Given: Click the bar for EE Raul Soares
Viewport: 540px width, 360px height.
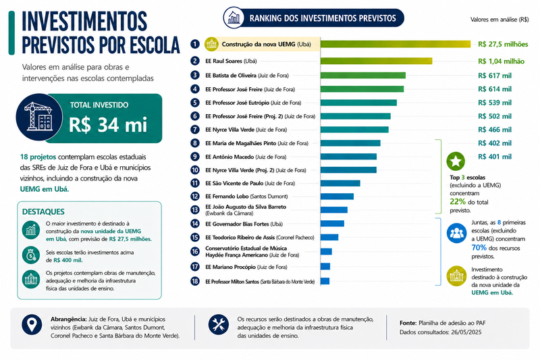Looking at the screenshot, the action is click(x=376, y=61).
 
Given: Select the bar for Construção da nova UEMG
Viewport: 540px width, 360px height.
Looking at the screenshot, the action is click(x=396, y=44).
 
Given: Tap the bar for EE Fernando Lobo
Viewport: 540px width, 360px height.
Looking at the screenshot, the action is click(x=337, y=197).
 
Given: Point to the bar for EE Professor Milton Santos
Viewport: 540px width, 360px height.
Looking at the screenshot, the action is click(x=325, y=281).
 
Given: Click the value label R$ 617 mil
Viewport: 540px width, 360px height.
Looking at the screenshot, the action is click(x=495, y=76).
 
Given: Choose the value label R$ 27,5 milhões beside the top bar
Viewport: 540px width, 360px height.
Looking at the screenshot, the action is click(x=503, y=44).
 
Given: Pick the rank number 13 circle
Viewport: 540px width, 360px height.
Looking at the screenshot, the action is click(x=195, y=210).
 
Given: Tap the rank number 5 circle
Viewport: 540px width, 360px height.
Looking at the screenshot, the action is click(x=195, y=103).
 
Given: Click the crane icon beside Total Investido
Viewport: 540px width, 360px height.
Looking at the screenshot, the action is click(x=39, y=117).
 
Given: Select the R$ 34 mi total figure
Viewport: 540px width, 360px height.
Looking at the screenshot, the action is click(x=108, y=125).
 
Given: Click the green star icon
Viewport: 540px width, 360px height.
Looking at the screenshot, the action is click(x=456, y=161).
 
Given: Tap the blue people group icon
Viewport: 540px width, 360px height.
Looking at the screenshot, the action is click(x=456, y=233).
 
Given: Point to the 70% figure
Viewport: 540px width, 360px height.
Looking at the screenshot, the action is click(x=479, y=248).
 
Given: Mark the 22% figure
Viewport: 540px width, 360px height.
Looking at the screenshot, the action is click(x=458, y=201).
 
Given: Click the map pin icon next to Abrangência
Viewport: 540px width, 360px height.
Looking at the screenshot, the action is click(x=32, y=324).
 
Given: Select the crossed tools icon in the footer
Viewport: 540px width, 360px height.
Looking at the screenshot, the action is click(x=218, y=324).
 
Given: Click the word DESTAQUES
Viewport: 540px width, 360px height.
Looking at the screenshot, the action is click(x=43, y=211).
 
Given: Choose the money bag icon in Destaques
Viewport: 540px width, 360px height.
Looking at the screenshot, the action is click(x=30, y=255).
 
